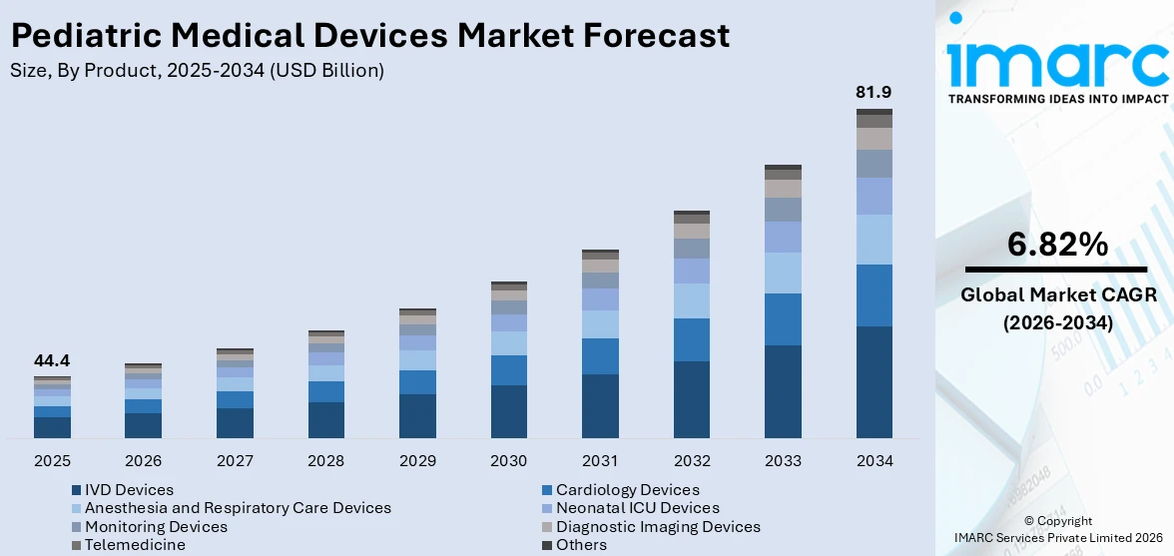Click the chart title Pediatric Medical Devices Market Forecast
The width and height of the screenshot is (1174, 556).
tap(369, 36)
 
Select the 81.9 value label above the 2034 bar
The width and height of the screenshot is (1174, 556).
tap(874, 92)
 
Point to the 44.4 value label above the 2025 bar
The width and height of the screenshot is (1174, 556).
tap(52, 360)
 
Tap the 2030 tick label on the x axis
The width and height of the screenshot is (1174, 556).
tap(509, 461)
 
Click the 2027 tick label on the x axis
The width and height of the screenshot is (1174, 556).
tap(235, 461)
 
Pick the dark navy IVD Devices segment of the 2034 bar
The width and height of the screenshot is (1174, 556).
tap(874, 381)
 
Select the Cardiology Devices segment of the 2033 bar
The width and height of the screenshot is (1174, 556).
tap(783, 318)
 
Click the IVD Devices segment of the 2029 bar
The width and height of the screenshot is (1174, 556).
tap(417, 415)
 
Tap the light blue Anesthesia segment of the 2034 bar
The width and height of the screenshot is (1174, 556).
tap(874, 240)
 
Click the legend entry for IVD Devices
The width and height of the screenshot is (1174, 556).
tap(128, 490)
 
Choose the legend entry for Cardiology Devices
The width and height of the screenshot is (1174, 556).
tap(627, 490)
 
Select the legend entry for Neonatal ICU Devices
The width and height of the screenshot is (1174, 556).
tap(637, 508)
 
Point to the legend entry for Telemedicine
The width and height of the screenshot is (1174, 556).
tap(134, 545)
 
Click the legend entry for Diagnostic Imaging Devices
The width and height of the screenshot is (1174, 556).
tap(657, 526)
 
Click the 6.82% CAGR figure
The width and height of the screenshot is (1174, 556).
tap(1057, 244)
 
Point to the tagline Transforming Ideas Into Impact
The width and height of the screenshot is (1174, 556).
tap(1057, 99)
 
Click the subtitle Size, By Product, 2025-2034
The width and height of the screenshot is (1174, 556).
tap(197, 71)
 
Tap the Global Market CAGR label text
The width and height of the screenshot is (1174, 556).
tap(1057, 295)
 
